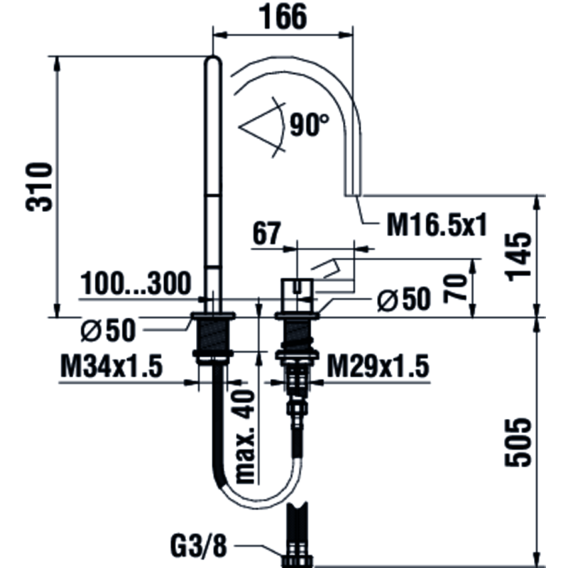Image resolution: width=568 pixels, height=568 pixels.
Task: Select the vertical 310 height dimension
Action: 39,187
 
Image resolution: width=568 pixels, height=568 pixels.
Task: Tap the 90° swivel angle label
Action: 309,125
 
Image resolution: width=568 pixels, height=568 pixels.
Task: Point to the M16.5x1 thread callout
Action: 437,225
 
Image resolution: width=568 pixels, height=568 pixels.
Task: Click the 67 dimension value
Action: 267,234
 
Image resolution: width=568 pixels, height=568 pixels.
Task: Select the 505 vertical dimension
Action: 518,442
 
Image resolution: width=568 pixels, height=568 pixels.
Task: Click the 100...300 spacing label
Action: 135,283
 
